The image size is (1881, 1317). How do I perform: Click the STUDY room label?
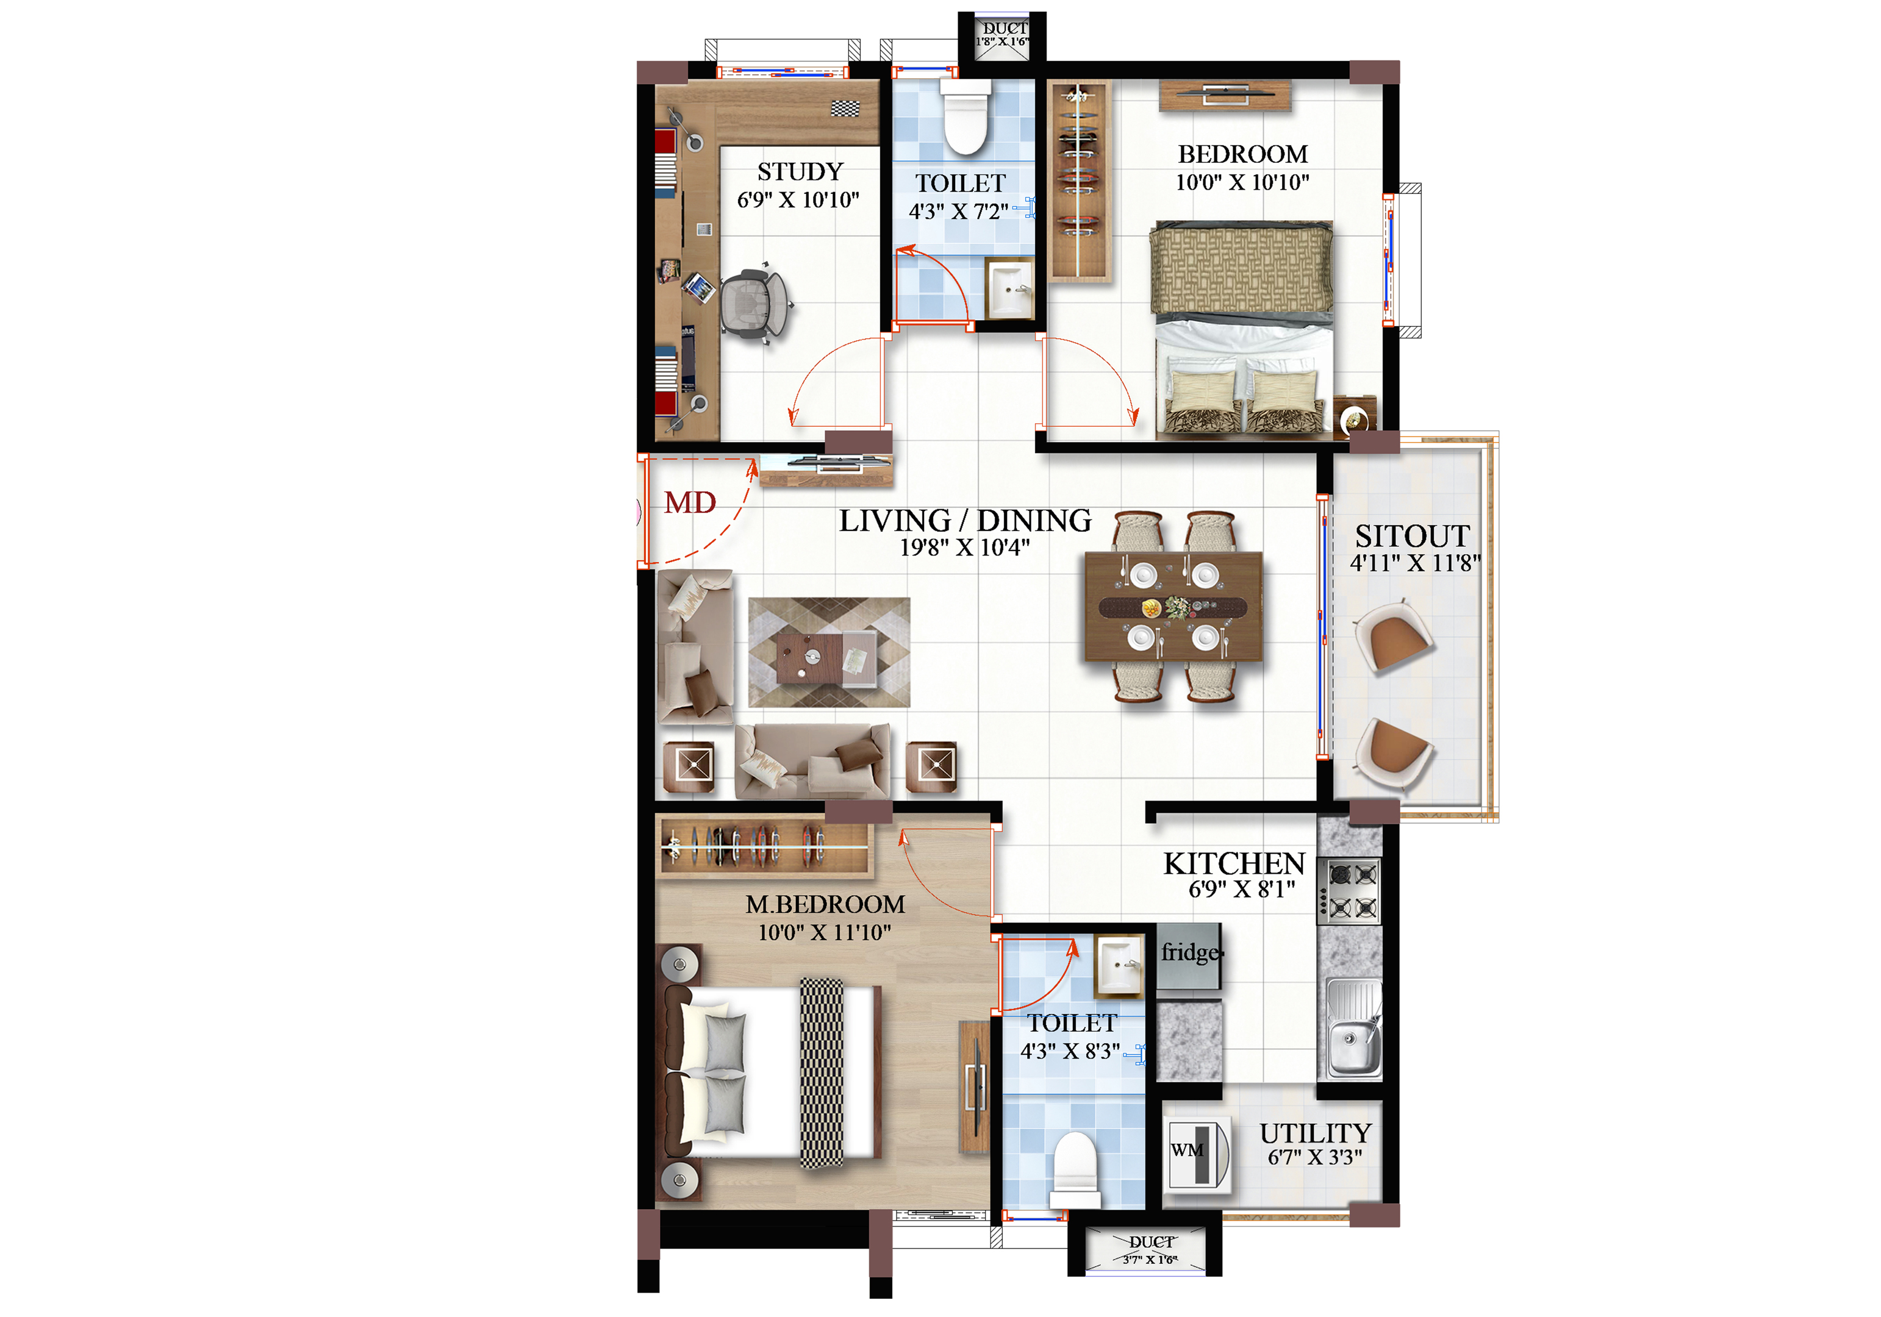point(800,171)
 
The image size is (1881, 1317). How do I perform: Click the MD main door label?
point(690,502)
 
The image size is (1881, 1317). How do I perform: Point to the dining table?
point(1173,606)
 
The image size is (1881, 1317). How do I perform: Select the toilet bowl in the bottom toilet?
point(1075,1167)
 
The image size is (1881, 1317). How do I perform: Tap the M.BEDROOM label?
point(825,904)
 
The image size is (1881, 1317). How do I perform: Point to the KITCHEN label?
point(1234,863)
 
